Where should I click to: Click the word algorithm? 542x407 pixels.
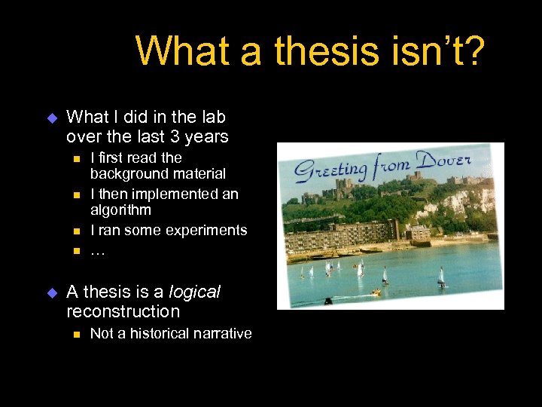click(120, 210)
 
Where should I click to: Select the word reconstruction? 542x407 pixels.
click(123, 311)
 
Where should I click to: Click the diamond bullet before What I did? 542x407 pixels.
click(52, 118)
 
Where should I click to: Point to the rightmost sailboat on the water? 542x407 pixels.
click(441, 277)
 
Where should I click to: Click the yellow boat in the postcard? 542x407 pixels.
click(376, 292)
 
